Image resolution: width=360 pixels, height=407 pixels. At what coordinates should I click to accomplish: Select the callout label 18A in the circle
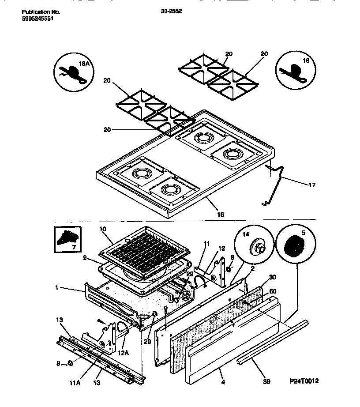pos(84,64)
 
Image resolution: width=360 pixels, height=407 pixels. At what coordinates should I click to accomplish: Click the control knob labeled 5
pos(293,245)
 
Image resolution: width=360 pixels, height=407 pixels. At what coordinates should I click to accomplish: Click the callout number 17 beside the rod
pos(311,185)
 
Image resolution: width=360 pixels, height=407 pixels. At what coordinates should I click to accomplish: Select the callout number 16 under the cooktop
pos(221,215)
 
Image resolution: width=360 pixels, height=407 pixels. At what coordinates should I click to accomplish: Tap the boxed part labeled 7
pos(67,238)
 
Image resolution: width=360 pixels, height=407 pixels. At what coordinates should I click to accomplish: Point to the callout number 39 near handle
pos(266,381)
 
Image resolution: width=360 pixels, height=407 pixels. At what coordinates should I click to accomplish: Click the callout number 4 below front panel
pos(223,382)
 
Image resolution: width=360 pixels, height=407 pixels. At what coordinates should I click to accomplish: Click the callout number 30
pos(272,277)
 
